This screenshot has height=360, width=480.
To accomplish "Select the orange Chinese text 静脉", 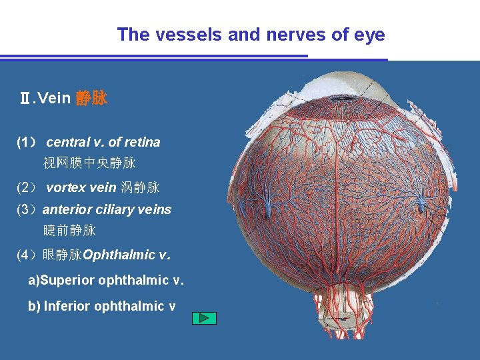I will tap(91, 99).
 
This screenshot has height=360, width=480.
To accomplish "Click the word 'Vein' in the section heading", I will tap(55, 99).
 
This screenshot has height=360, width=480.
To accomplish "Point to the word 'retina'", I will tap(143, 142).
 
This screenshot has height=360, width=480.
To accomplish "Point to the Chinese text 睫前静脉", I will tap(69, 231).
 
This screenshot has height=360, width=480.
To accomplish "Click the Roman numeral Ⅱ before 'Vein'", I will tap(25, 99).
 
